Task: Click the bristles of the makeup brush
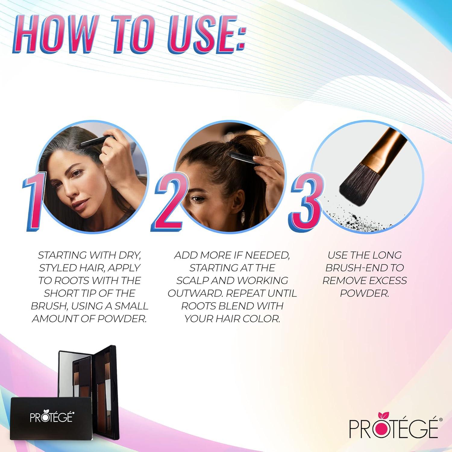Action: point(359,187)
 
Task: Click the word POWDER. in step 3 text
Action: point(365,293)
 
